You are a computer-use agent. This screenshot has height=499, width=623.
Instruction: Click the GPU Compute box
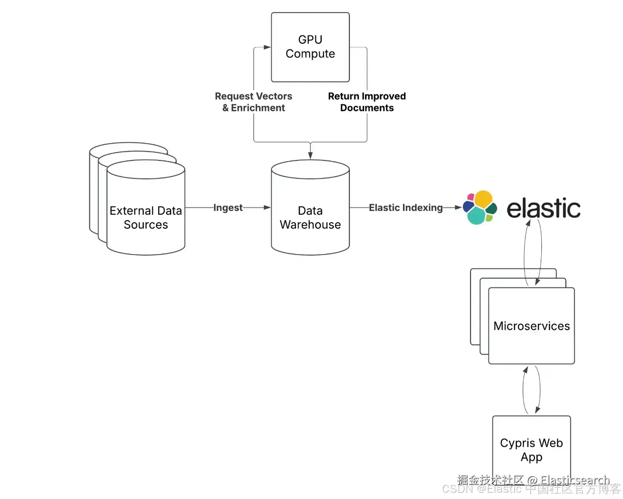point(310,47)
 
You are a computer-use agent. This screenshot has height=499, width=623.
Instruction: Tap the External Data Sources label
point(146,218)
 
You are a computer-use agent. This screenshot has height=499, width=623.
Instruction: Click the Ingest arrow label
point(228,207)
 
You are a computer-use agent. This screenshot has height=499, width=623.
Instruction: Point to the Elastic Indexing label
point(405,207)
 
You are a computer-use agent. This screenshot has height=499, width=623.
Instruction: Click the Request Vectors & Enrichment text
point(253,102)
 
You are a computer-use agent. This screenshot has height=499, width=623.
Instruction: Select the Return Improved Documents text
point(367,102)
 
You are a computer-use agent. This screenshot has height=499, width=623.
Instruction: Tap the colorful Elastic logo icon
point(480,207)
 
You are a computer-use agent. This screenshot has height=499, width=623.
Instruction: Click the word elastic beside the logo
point(543,208)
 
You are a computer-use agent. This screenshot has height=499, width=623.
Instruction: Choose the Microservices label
point(531,326)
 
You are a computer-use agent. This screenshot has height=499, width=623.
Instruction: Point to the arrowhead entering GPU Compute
point(267,47)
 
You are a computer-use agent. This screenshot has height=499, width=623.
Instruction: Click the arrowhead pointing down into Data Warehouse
point(310,156)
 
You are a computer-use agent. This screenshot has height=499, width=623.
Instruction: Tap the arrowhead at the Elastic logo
point(458,207)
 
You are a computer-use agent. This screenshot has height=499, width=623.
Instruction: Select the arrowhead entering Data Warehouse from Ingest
point(267,207)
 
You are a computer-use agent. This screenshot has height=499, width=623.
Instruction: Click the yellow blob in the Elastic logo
point(483,198)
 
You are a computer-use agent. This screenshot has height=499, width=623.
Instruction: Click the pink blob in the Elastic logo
point(471,197)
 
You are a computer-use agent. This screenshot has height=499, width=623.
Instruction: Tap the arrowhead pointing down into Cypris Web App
point(537,410)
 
